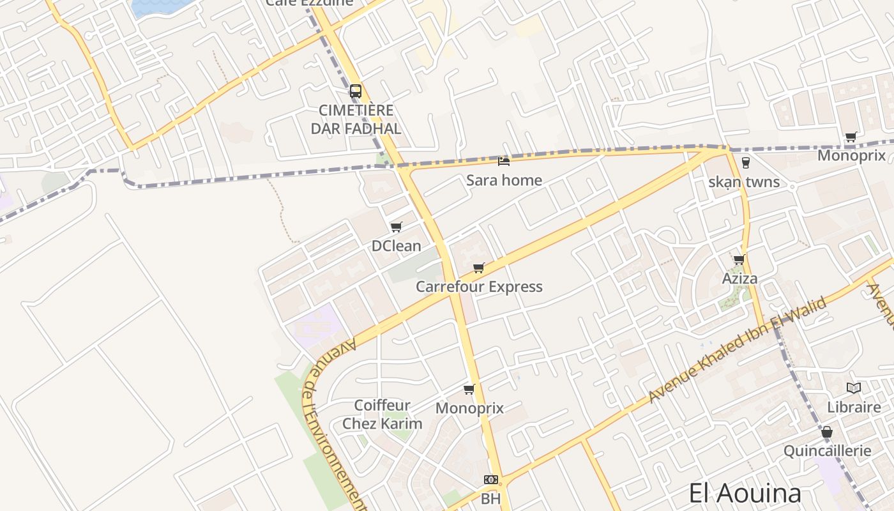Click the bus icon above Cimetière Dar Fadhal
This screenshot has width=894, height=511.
click(x=356, y=91)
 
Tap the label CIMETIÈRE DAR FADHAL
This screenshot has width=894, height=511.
click(x=356, y=119)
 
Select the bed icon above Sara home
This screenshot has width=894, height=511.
click(x=504, y=161)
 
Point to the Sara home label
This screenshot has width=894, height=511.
click(x=504, y=180)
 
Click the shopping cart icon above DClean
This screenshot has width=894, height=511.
click(x=396, y=227)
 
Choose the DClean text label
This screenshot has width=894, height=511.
click(x=396, y=246)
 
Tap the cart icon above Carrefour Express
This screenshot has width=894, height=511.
click(x=479, y=268)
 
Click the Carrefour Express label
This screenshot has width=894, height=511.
click(x=479, y=287)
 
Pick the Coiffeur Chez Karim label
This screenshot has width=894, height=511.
click(x=382, y=414)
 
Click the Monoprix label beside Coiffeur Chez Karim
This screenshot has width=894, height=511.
click(x=469, y=408)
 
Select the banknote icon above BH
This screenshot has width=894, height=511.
click(x=490, y=479)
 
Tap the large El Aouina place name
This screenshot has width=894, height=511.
click(x=745, y=494)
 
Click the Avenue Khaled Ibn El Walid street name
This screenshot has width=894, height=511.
click(x=738, y=349)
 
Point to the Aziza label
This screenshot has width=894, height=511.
click(x=739, y=278)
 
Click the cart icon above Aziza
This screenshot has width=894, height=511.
click(x=739, y=259)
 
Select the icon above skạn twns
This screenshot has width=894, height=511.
click(x=745, y=163)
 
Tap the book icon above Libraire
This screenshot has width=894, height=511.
click(x=854, y=388)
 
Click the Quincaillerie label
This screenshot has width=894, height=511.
click(x=827, y=451)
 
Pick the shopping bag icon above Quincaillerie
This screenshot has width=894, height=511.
click(x=827, y=432)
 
